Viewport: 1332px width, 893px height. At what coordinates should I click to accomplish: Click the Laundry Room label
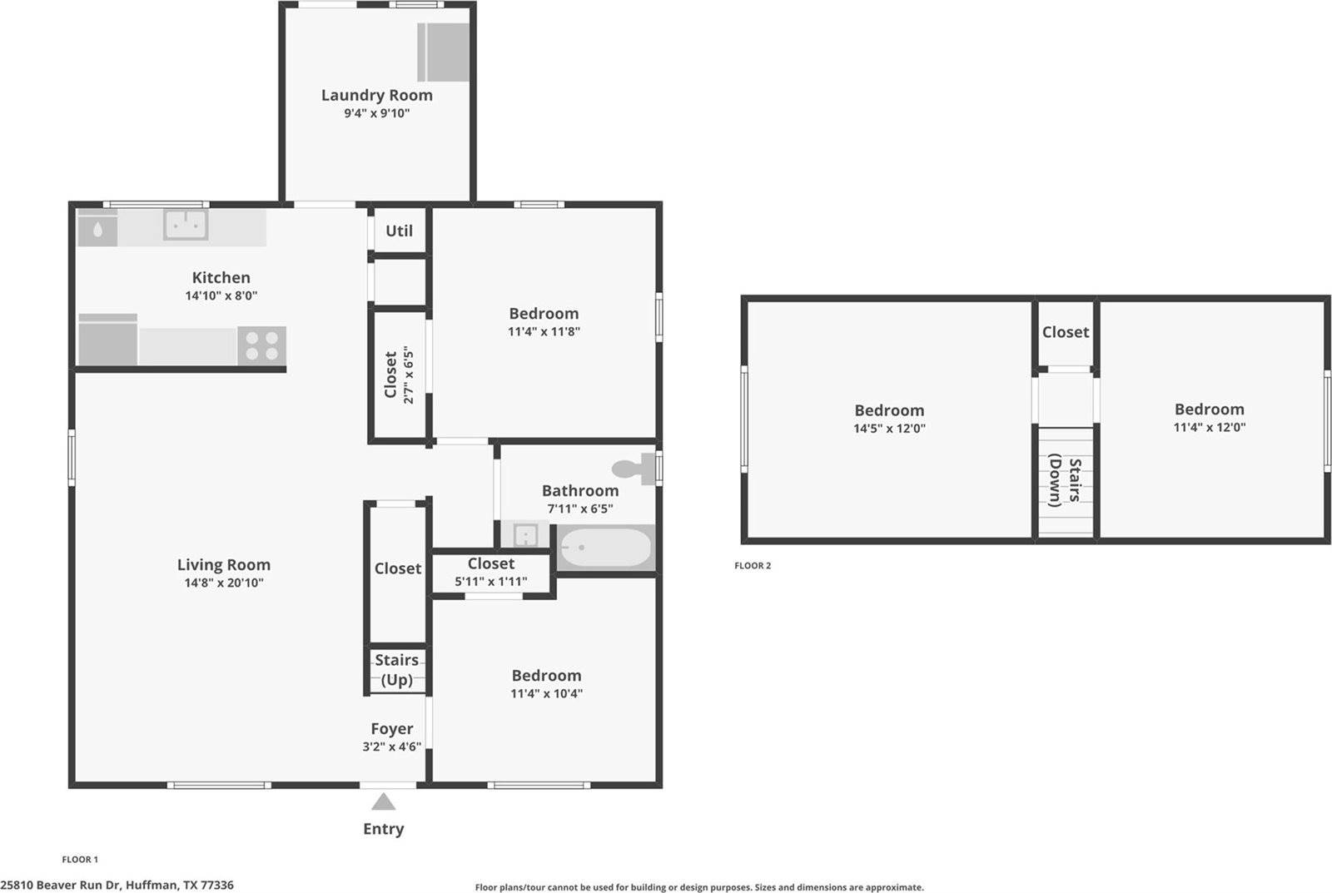(376, 95)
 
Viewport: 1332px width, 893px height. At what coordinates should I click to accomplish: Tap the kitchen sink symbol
(185, 225)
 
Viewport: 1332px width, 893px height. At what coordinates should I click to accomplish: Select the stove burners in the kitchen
(262, 345)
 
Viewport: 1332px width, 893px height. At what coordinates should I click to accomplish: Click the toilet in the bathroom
(636, 469)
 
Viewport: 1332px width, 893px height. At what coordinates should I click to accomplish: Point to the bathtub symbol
(605, 548)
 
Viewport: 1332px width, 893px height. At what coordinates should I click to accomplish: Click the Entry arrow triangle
(383, 802)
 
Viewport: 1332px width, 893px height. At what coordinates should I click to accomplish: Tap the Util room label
(399, 231)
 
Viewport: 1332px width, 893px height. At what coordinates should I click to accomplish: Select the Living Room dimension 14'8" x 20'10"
(223, 583)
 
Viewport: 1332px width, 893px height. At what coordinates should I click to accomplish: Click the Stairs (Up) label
(396, 670)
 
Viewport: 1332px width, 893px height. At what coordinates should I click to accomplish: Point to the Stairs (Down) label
(1065, 481)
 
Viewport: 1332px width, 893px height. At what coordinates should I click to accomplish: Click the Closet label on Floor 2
(1065, 332)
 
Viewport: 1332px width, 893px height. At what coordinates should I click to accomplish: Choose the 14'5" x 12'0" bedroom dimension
(889, 429)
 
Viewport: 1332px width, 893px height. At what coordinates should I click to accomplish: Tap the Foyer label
(391, 728)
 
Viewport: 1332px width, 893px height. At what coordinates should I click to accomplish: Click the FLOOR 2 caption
(753, 566)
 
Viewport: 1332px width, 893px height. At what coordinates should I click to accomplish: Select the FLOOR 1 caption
(80, 860)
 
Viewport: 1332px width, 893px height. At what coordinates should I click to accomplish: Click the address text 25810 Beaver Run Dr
(117, 885)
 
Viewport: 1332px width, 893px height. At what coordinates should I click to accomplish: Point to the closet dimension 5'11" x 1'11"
(490, 582)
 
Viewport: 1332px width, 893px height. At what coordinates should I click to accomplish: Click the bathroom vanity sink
(524, 534)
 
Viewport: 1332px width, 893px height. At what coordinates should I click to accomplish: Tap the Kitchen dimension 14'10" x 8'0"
(221, 295)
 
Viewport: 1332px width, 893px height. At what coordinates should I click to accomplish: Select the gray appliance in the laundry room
(444, 52)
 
